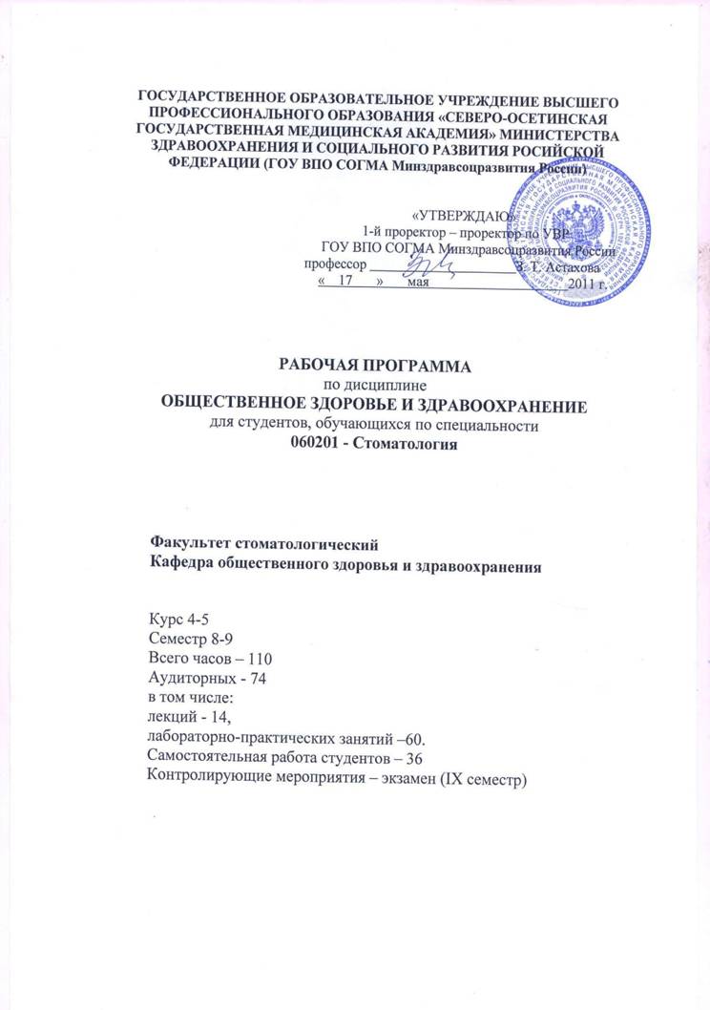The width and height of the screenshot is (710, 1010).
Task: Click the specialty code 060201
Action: coord(317,449)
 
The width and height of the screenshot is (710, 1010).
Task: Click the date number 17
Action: coord(346,284)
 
